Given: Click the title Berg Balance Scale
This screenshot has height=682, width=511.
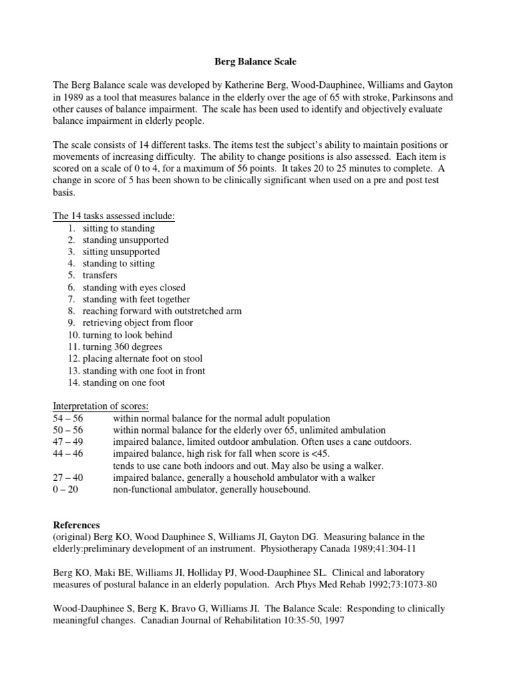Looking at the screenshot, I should pos(255,61).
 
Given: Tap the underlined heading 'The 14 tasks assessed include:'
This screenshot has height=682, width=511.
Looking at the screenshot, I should pos(113,216).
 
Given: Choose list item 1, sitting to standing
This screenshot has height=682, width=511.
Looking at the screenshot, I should pos(118,228).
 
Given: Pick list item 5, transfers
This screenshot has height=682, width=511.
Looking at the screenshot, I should pos(100,276).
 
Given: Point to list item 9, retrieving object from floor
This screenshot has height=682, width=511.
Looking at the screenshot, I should pos(138,323).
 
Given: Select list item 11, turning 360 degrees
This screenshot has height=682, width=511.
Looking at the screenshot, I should pos(122,347).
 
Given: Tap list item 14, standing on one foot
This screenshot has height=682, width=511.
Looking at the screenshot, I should pos(124,382).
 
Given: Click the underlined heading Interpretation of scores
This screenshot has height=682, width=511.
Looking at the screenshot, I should pos(100,406).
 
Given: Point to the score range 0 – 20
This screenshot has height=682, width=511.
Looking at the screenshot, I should pos(65,490).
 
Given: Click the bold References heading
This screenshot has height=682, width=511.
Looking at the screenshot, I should pos(77,525).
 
